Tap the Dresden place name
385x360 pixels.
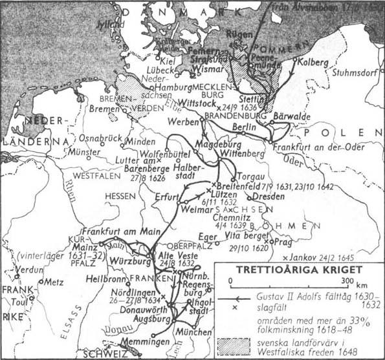click(x=264, y=196)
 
